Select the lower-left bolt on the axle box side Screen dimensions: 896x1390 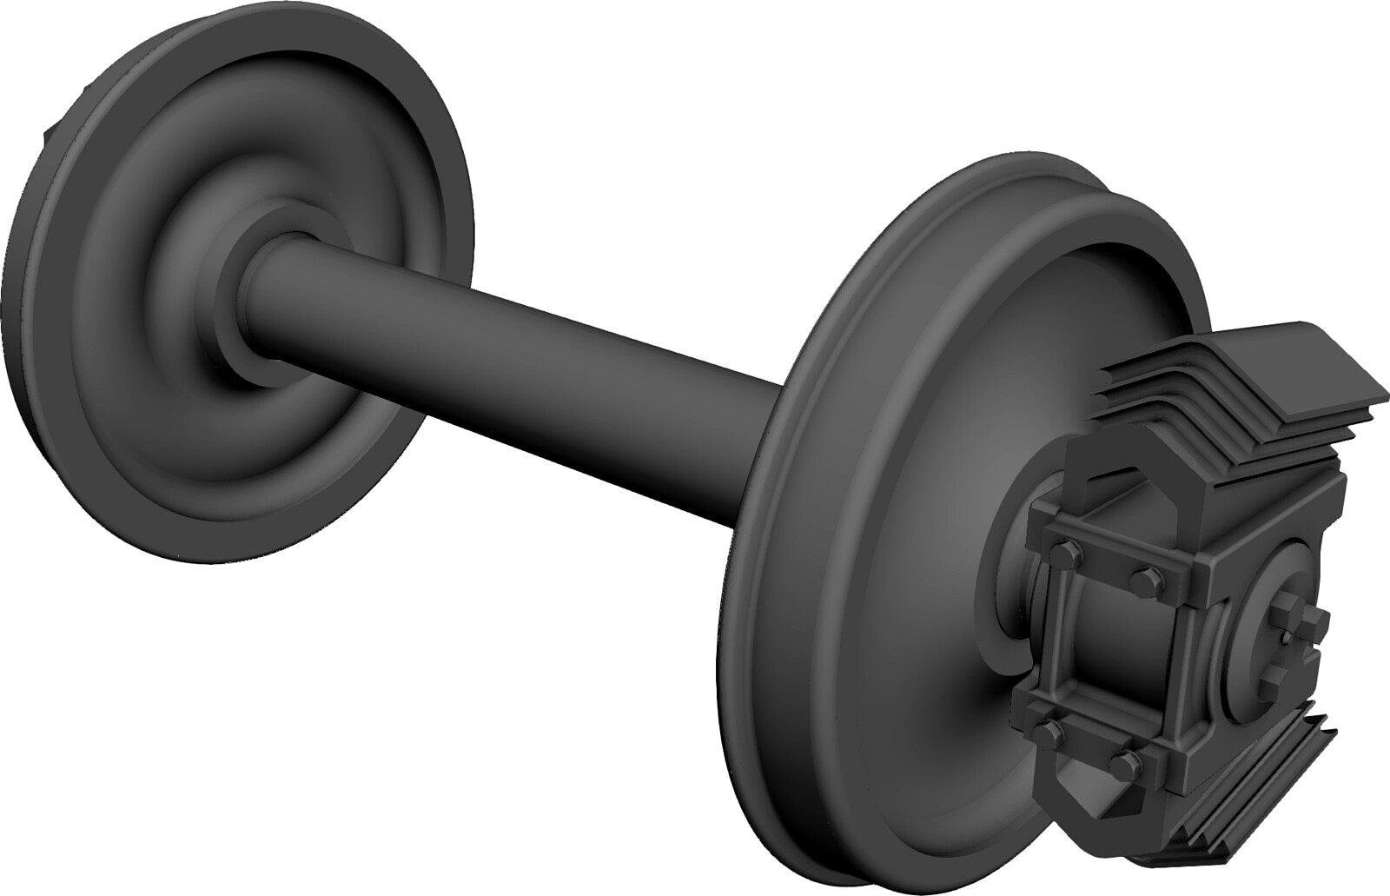tap(1054, 730)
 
